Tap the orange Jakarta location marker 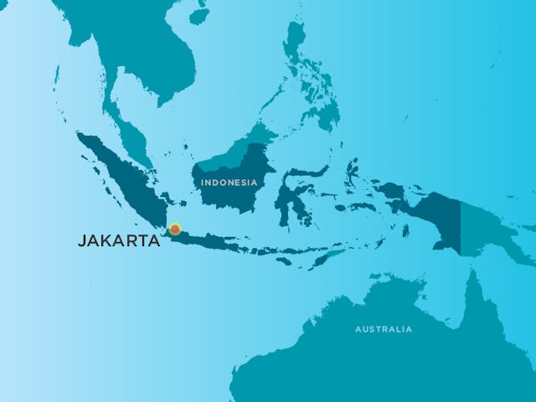pos(175,229)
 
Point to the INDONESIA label pos(229,182)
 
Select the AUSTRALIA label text pos(384,329)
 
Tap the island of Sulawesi pos(289,197)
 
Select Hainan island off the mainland pos(198,15)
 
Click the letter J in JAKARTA pos(81,240)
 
